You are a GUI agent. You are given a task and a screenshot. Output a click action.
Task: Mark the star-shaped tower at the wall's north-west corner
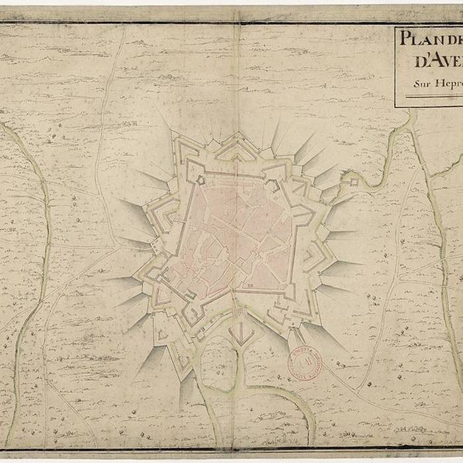[x=197, y=179]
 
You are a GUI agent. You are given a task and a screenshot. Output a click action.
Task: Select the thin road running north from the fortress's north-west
[x=106, y=132]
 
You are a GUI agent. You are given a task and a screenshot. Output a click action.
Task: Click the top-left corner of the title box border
[x=396, y=28]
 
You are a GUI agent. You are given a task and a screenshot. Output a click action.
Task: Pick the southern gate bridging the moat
[x=235, y=311]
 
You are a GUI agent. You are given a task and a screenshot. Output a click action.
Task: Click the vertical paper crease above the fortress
[x=237, y=79]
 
